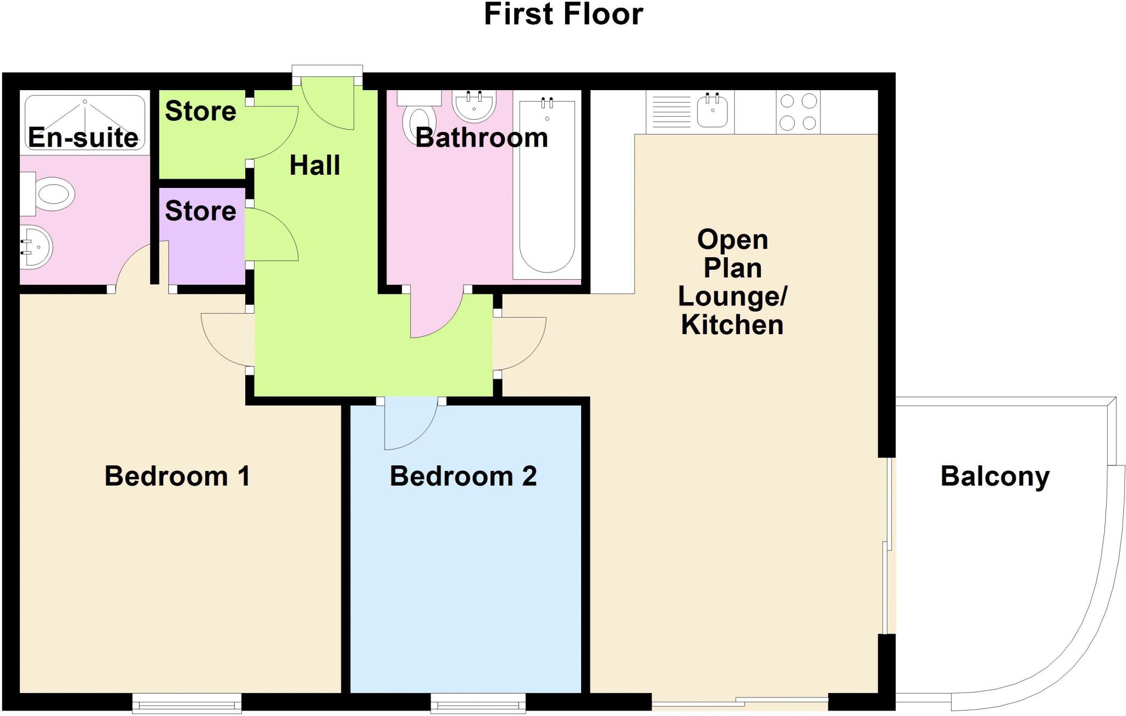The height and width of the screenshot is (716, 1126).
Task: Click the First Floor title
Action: (x=563, y=14)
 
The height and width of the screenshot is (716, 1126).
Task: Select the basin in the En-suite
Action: (x=36, y=247)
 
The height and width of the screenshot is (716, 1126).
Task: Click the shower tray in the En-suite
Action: (x=85, y=122)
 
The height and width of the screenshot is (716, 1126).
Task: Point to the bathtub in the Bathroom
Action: (x=547, y=187)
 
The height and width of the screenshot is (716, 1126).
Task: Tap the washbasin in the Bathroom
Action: (x=474, y=105)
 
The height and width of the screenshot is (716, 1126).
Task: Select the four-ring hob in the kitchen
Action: (x=798, y=112)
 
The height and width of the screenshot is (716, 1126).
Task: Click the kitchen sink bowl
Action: (x=712, y=110)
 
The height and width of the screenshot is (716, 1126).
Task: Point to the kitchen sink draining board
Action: (x=671, y=112)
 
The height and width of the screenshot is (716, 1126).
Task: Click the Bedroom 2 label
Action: (x=463, y=476)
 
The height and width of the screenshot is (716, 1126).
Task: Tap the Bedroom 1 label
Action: (x=177, y=476)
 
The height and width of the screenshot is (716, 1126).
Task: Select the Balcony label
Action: (x=995, y=476)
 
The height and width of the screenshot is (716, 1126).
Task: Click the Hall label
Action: (x=314, y=165)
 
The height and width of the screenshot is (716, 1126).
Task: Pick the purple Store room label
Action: (x=200, y=211)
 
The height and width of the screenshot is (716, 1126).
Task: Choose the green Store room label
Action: (x=200, y=111)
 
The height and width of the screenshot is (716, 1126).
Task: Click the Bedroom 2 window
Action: (x=478, y=703)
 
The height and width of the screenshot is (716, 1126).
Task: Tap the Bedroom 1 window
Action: (x=186, y=703)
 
